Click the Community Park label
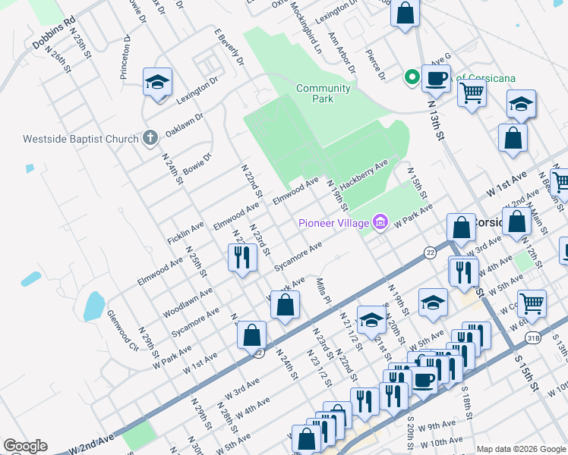[323, 94]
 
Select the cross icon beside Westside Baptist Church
[150, 138]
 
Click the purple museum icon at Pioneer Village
[380, 222]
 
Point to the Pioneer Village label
[333, 223]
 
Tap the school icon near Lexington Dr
[157, 82]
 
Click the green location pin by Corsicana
[412, 76]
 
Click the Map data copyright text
[520, 448]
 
